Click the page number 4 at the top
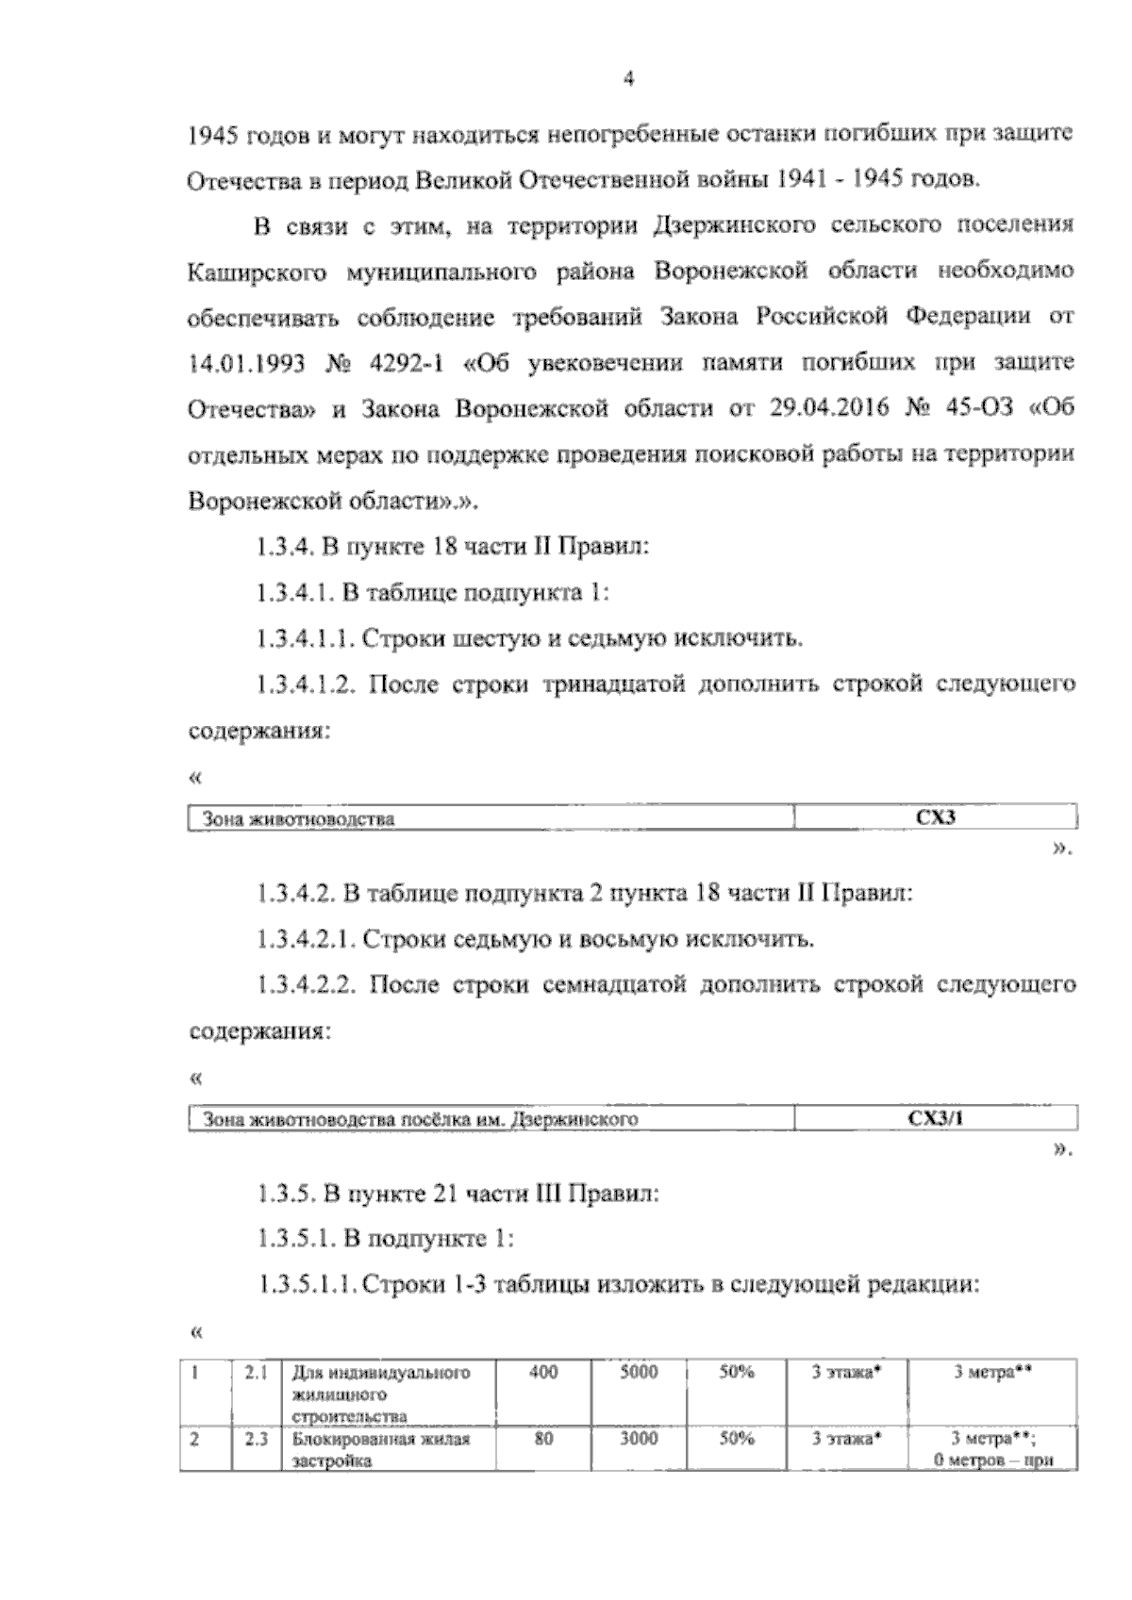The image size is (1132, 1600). pos(629,80)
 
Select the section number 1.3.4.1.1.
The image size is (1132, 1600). pos(304,639)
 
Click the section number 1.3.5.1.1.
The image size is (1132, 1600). pos(306,1284)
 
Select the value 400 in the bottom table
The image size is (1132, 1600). pos(543,1373)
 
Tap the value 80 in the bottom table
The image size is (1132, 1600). pos(543,1440)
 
